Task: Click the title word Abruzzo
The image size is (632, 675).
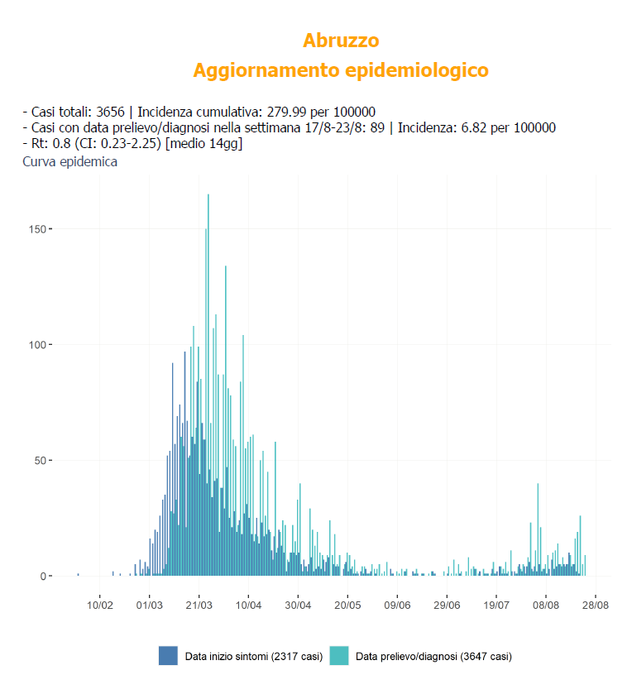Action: tap(341, 40)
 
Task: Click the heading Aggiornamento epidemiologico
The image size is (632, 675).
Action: tap(341, 70)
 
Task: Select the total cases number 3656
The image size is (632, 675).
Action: tap(110, 112)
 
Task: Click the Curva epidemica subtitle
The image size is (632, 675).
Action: tap(69, 161)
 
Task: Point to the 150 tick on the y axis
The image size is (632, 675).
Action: tap(38, 229)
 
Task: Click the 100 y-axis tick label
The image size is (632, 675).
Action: tap(38, 345)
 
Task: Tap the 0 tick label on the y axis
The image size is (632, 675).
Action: tap(43, 577)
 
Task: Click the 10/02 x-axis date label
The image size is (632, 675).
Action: tap(99, 605)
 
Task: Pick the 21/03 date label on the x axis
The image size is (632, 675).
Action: tap(199, 605)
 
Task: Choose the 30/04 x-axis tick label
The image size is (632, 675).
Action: tap(298, 605)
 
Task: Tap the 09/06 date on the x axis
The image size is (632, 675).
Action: tap(397, 605)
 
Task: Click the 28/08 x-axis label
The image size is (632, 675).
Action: tap(596, 605)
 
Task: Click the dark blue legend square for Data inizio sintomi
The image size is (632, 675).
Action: tap(168, 656)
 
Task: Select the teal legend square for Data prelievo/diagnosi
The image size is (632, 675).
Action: tap(338, 656)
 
